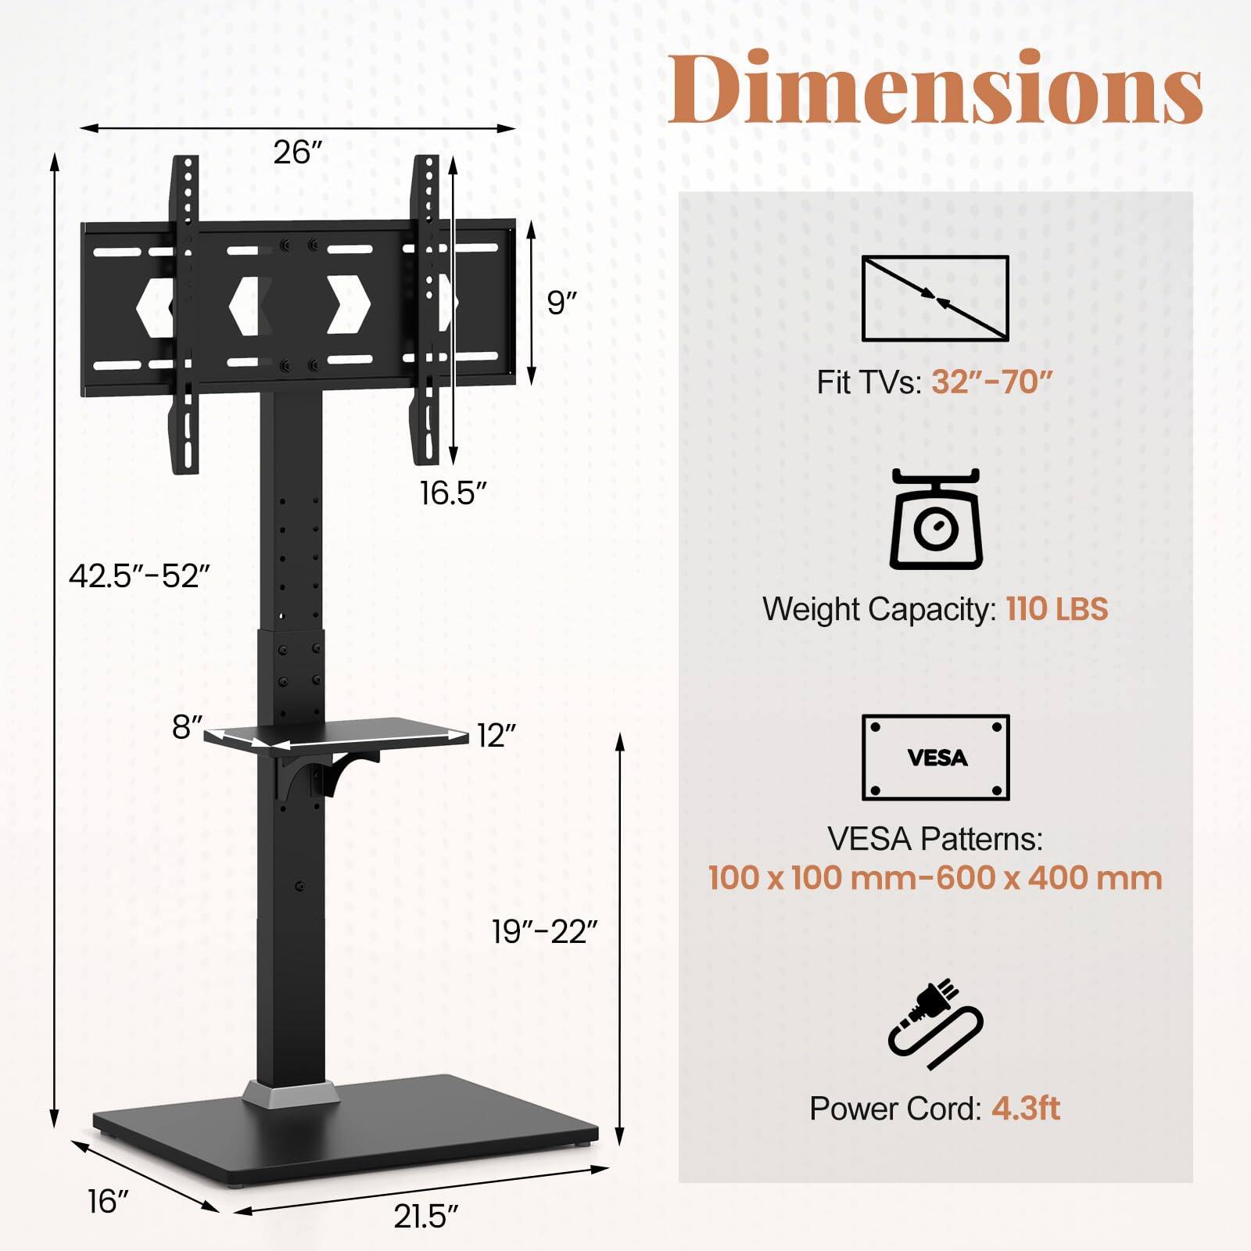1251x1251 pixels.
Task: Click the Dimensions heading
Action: click(x=935, y=88)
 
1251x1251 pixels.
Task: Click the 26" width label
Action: click(x=298, y=152)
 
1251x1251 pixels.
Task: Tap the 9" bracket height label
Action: click(x=562, y=303)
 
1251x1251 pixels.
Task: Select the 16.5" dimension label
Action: click(x=453, y=493)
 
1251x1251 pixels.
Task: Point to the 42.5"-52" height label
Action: click(x=139, y=576)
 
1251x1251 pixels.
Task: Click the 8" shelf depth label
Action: click(x=188, y=727)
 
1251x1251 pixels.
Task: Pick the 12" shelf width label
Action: click(x=496, y=736)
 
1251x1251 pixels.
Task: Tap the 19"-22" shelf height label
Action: click(x=544, y=931)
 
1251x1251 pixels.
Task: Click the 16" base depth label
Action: click(x=107, y=1202)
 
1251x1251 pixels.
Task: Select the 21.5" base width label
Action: click(x=425, y=1217)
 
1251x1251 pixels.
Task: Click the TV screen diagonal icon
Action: click(x=935, y=298)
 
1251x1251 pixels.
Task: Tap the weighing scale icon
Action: click(x=935, y=519)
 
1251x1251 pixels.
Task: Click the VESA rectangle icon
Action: click(x=935, y=757)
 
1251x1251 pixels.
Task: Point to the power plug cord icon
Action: click(x=935, y=1023)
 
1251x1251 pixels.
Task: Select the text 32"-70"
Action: click(x=992, y=382)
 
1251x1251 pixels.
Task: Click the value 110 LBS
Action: click(x=1057, y=609)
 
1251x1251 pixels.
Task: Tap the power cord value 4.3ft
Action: click(x=1026, y=1108)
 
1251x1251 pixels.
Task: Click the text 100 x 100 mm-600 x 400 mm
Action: click(x=935, y=877)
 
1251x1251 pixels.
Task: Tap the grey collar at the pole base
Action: click(x=290, y=1093)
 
